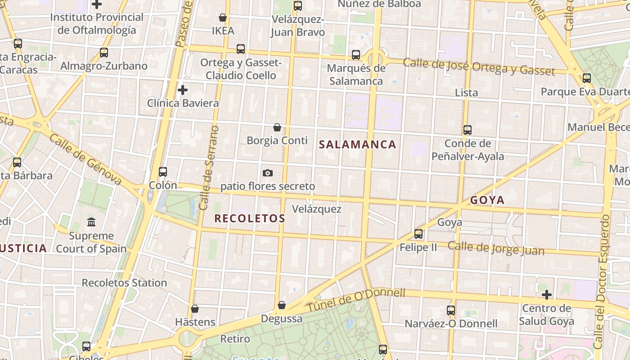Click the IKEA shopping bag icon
tap(222, 18)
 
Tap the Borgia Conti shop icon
tap(277, 127)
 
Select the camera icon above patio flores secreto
tap(268, 173)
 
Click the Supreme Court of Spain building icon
tap(91, 222)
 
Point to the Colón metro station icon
tap(163, 172)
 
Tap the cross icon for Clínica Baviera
tap(182, 90)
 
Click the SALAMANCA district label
tap(357, 144)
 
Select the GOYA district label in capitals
tap(487, 200)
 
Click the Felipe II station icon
tap(418, 234)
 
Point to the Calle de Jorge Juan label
tap(496, 248)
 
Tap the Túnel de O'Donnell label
tap(356, 300)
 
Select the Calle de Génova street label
tap(85, 159)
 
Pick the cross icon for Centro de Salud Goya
tap(547, 295)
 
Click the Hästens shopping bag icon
tap(195, 309)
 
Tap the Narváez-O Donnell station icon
tap(451, 310)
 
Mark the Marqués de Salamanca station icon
tap(356, 55)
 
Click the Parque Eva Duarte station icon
tap(587, 78)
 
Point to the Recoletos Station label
tap(124, 283)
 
